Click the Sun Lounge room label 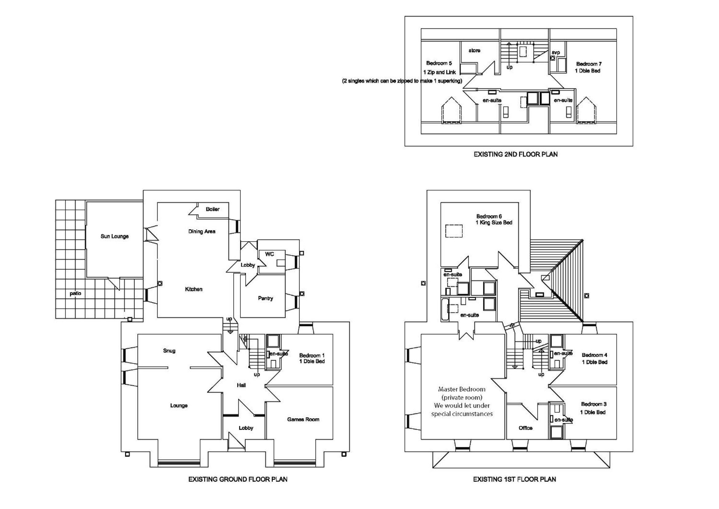point(115,236)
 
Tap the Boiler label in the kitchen point(213,209)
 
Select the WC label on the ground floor point(270,254)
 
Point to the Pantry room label point(266,299)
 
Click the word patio point(75,294)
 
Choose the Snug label point(169,351)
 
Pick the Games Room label point(303,419)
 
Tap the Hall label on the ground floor point(241,385)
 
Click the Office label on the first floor point(526,428)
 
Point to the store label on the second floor point(475,50)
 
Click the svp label point(556,52)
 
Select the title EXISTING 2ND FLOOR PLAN point(515,154)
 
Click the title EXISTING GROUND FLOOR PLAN point(238,479)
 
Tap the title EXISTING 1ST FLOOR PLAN point(514,479)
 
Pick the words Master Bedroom point(462,389)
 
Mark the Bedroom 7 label point(589,64)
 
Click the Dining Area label point(202,232)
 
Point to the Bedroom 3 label point(594,404)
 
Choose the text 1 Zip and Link point(439,72)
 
